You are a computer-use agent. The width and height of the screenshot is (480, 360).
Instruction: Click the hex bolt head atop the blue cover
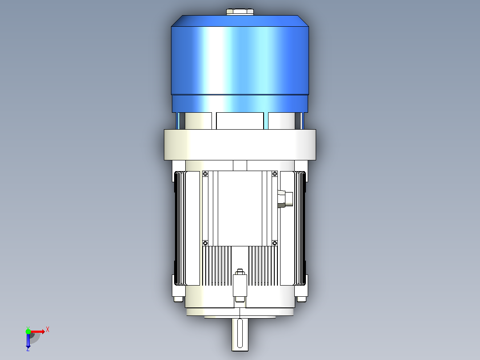[x=240, y=12]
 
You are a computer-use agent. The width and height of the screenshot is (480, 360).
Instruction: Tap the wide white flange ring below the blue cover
[x=240, y=145]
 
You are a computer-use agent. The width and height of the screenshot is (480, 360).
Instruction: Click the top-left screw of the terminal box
[x=205, y=174]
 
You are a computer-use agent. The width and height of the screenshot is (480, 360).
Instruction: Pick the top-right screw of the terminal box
[x=275, y=174]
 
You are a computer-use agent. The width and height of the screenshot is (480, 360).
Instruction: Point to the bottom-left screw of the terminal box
[x=205, y=243]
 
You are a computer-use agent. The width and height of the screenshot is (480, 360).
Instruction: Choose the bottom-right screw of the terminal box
[x=275, y=243]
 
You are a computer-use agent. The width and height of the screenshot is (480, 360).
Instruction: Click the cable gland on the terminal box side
[x=285, y=199]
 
